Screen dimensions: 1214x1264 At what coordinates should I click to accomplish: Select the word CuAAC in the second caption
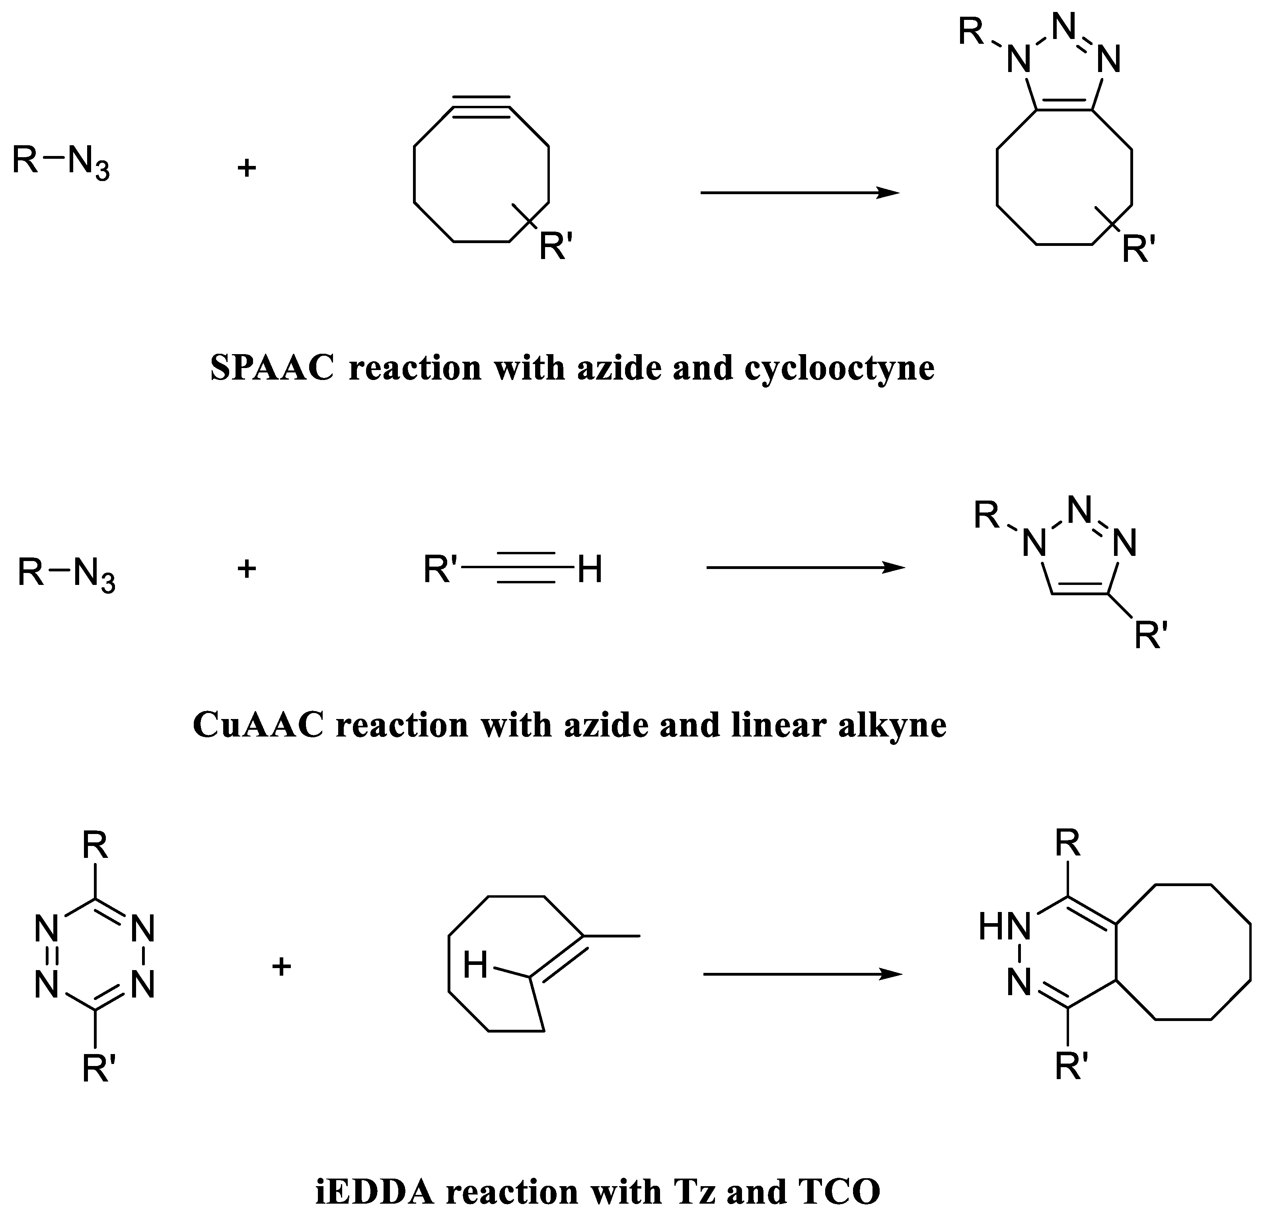(257, 725)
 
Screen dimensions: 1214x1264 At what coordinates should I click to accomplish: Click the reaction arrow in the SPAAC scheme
(800, 192)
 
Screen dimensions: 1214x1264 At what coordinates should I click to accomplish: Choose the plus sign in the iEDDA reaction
(282, 966)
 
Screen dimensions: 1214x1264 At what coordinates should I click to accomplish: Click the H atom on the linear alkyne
(590, 569)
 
